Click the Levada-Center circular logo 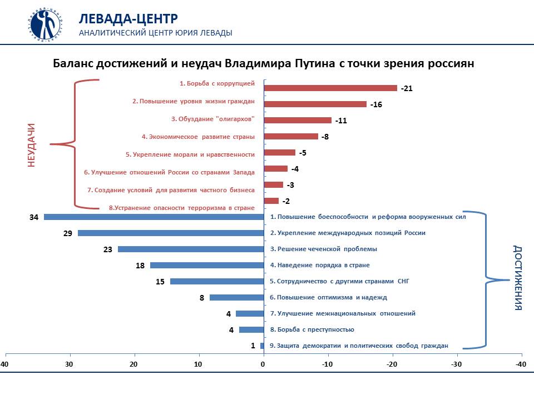click(46, 24)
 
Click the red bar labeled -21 click(330, 88)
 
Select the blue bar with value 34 click(154, 217)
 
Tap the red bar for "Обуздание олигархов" click(297, 120)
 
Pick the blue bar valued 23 click(190, 249)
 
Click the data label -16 click(376, 104)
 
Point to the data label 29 click(68, 233)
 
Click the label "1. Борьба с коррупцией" click(217, 84)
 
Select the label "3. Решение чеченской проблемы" click(323, 249)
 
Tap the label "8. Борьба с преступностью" click(311, 329)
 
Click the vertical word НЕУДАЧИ click(32, 145)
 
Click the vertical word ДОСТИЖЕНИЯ click(518, 278)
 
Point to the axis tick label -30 click(456, 364)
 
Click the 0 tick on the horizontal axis click(263, 364)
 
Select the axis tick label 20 click(134, 364)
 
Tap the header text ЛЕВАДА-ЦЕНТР click(128, 18)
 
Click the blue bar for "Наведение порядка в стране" click(206, 265)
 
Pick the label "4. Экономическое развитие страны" click(198, 137)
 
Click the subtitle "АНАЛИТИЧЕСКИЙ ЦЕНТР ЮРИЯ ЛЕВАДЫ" click(156, 33)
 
